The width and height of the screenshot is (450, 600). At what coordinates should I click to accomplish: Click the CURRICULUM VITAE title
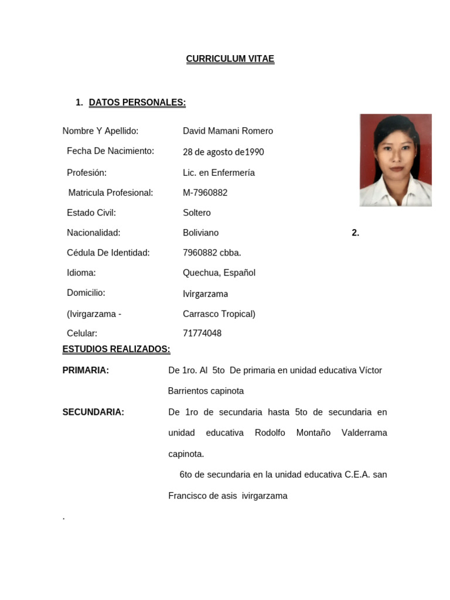pos(230,59)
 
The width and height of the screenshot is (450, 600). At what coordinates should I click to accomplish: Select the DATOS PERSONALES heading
pos(137,103)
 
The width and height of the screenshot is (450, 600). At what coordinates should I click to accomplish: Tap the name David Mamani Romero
pos(227,131)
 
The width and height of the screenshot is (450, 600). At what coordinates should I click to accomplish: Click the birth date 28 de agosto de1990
pos(223,152)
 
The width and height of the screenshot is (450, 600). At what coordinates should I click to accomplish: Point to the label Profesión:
pos(87,173)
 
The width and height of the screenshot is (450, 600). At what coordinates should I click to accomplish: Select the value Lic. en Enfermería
pos(219,173)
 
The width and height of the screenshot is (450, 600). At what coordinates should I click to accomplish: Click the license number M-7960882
pos(205,193)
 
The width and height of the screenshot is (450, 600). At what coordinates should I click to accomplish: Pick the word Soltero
pos(196,213)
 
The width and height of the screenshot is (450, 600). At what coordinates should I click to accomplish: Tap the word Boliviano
pos(200,233)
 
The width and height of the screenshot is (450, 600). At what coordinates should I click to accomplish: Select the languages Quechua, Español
pos(219,272)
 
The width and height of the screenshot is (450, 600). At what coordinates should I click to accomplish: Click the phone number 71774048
pos(202,333)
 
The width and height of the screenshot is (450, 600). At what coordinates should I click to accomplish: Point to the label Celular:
pos(82,333)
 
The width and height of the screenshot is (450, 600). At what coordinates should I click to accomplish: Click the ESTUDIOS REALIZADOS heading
pos(116,350)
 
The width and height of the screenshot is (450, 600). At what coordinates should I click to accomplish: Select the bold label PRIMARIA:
pos(86,370)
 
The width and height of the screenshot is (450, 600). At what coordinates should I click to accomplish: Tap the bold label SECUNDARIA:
pos(93,412)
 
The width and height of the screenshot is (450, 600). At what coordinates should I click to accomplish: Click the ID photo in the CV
pos(396,160)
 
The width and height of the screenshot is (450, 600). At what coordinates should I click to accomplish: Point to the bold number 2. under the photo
pos(355,233)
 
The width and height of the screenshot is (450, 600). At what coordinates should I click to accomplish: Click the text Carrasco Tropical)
pos(219,313)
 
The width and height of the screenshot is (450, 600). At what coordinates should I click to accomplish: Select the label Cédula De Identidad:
pos(108,253)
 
